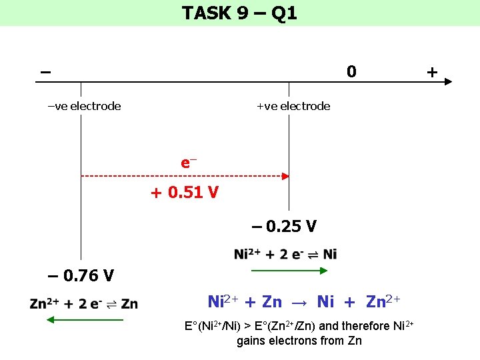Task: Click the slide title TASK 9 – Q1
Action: click(x=239, y=13)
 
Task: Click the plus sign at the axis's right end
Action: click(x=432, y=71)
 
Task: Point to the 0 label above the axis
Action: click(x=351, y=71)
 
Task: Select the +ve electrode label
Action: click(x=293, y=106)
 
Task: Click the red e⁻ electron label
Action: click(x=189, y=162)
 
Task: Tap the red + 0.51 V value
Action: click(x=184, y=193)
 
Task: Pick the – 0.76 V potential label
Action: click(x=81, y=275)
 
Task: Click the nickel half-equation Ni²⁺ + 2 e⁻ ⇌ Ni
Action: click(x=285, y=254)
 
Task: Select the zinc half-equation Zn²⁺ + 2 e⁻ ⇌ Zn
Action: click(x=84, y=304)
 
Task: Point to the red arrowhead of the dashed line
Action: click(x=285, y=177)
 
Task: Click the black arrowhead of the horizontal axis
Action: click(x=447, y=82)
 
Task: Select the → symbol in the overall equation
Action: click(x=299, y=302)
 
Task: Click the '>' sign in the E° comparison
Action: click(x=249, y=326)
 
